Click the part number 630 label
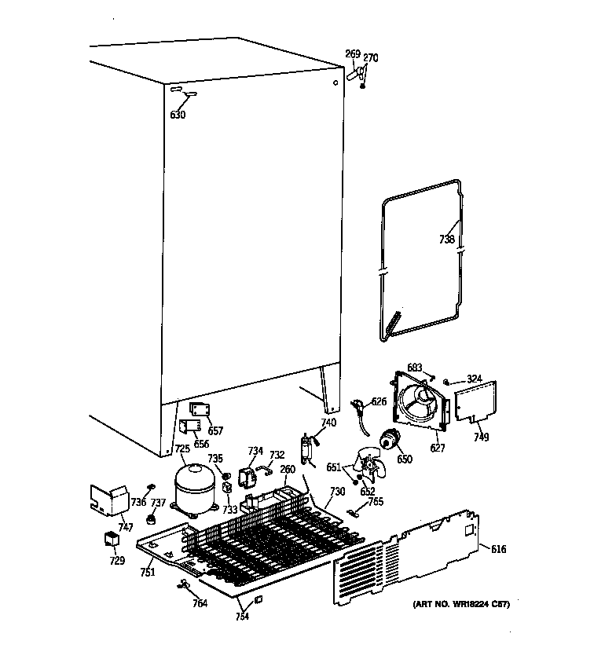(x=178, y=115)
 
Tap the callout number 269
(x=353, y=54)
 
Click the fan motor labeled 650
(x=387, y=442)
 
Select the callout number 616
(x=499, y=549)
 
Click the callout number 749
(x=481, y=437)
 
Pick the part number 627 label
(x=438, y=448)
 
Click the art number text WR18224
(x=461, y=604)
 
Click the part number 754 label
(x=241, y=617)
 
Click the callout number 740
(x=328, y=423)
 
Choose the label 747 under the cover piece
(x=125, y=528)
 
